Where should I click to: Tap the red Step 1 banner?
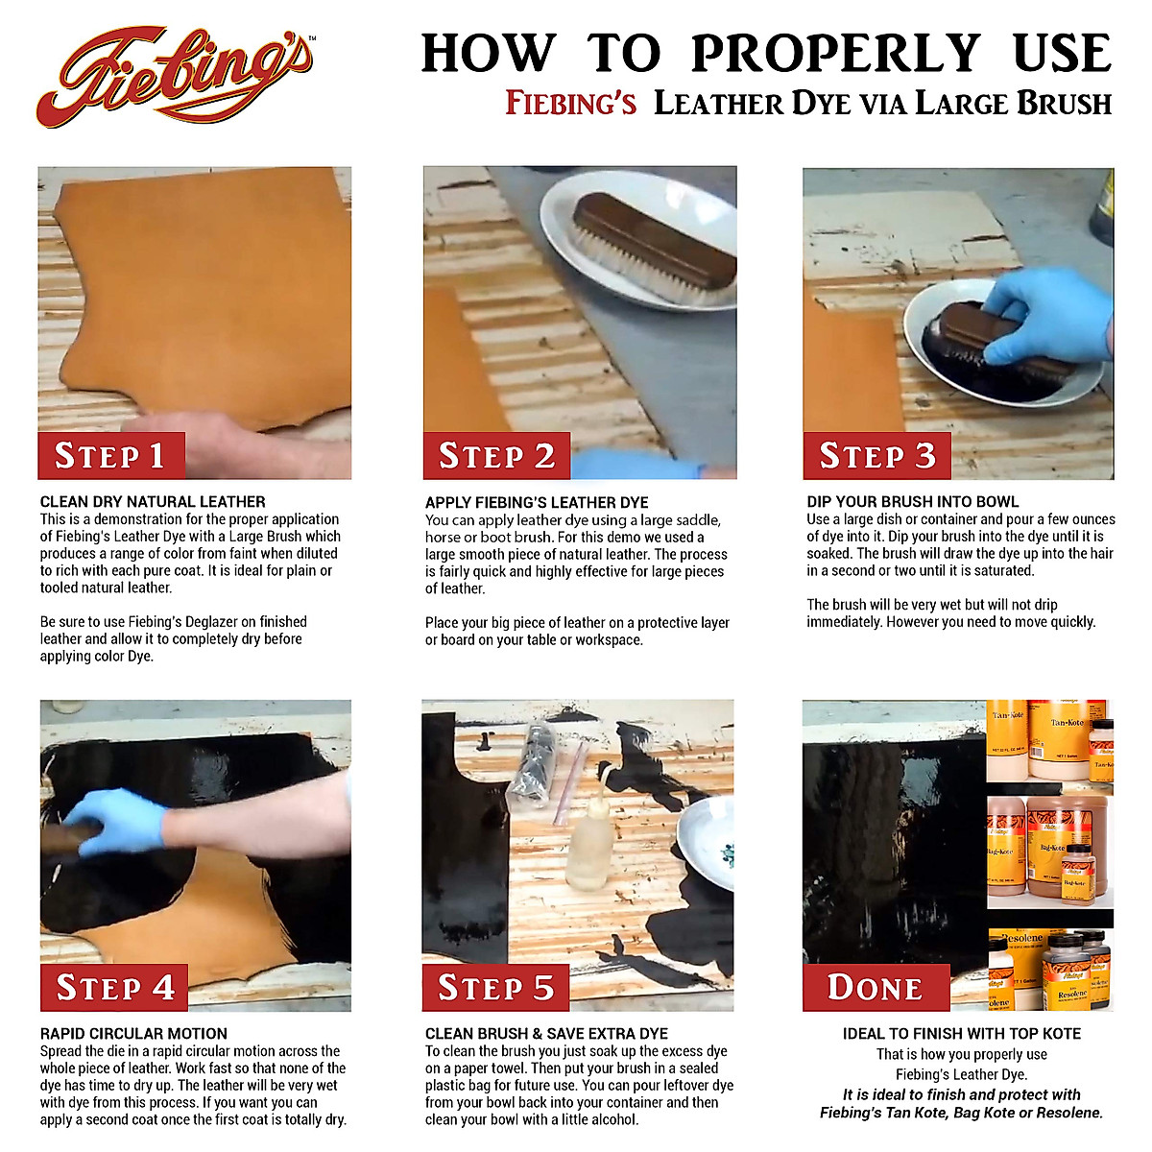click(x=110, y=455)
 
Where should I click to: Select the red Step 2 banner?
click(x=496, y=455)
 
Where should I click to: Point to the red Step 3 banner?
click(x=876, y=455)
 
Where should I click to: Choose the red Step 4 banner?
click(x=114, y=987)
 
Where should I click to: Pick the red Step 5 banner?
click(x=495, y=987)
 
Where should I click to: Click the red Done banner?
click(x=876, y=987)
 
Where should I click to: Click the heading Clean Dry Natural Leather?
click(x=153, y=501)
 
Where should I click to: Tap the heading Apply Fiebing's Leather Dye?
click(x=537, y=502)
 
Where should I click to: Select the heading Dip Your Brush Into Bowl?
click(x=912, y=501)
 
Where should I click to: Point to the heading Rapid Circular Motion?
click(x=133, y=1034)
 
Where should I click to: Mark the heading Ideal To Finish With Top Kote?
click(x=961, y=1034)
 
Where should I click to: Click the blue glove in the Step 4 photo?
click(x=120, y=821)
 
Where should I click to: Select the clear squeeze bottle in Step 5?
click(x=587, y=845)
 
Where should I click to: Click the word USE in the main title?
click(x=1062, y=54)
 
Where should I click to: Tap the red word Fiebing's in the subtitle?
click(x=570, y=103)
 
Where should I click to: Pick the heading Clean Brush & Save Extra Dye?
click(x=546, y=1034)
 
